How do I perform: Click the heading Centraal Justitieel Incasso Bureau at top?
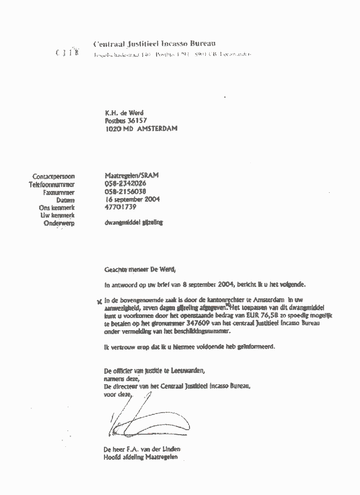[x=154, y=44]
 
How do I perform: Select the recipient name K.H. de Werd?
[x=124, y=113]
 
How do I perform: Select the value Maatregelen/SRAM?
[x=131, y=176]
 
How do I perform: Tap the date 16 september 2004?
[x=132, y=199]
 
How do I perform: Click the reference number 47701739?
[x=120, y=207]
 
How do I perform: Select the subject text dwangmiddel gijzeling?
[x=133, y=223]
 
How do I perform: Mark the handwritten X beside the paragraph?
[x=99, y=301]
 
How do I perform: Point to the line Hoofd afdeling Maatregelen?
[x=141, y=457]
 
